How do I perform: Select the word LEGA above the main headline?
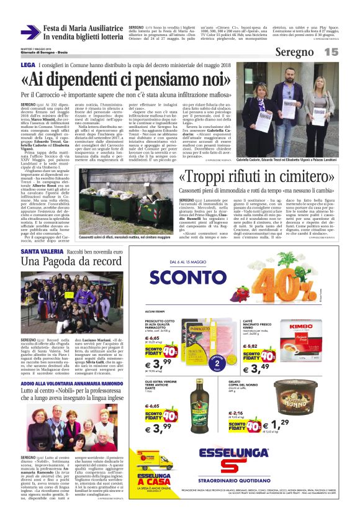pyautogui.click(x=27, y=65)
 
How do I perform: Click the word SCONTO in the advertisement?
pyautogui.click(x=187, y=276)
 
